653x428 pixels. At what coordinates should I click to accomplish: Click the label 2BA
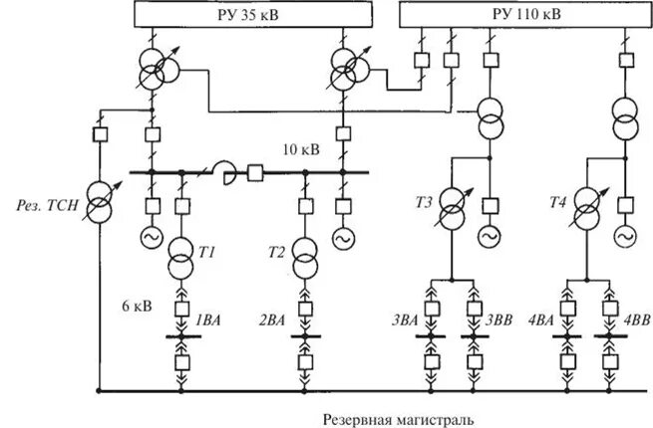tap(273, 320)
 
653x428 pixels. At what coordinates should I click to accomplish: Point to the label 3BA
tap(404, 320)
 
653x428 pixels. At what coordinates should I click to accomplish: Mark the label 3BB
tap(499, 320)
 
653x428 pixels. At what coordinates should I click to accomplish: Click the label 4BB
tap(635, 320)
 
